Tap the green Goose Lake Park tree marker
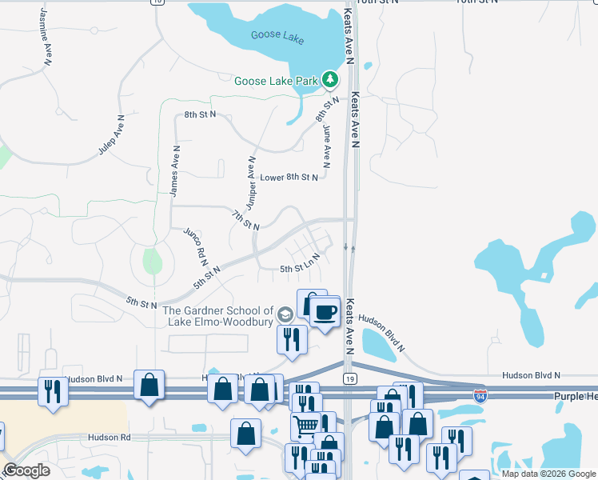pyautogui.click(x=329, y=79)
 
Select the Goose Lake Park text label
pyautogui.click(x=276, y=81)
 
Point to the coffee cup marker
pyautogui.click(x=325, y=310)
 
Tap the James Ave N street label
pyautogui.click(x=175, y=170)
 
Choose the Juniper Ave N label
pyautogui.click(x=250, y=184)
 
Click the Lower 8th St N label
pyautogui.click(x=289, y=178)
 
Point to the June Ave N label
pyautogui.click(x=326, y=141)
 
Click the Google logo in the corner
pyautogui.click(x=27, y=470)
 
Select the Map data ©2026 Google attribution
pyautogui.click(x=548, y=474)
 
